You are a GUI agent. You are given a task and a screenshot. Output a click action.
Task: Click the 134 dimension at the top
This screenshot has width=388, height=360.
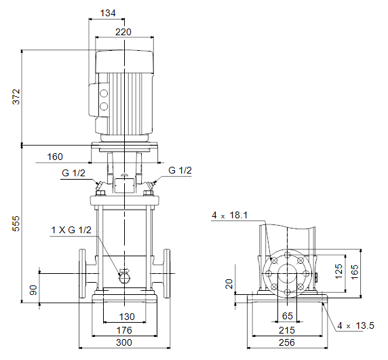coord(108,13)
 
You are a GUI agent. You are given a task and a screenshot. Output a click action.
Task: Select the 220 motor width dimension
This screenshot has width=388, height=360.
coord(123,32)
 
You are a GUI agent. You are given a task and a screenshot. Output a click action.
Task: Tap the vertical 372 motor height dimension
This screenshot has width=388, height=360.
coord(16,97)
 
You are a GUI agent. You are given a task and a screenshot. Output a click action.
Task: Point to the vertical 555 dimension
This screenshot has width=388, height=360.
coord(16,224)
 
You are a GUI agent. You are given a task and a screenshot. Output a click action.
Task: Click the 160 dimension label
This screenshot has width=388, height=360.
coord(55,157)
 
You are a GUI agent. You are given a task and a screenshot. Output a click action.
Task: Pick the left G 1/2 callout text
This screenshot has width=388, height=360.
coord(73,173)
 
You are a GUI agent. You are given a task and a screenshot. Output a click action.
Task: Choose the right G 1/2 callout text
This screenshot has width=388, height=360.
coord(180,170)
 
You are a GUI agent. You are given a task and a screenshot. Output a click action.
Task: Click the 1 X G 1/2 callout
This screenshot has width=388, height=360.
coord(71,230)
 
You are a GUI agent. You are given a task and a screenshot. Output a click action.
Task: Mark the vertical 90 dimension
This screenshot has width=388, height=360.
coord(33,290)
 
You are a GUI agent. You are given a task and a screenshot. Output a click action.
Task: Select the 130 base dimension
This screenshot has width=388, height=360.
coord(127,317)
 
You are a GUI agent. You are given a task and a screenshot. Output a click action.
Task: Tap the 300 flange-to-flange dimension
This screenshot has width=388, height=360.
coord(124,342)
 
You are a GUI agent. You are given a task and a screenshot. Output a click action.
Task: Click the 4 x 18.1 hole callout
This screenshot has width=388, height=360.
coord(230,215)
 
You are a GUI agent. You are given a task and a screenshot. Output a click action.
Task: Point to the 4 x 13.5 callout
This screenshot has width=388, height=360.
coord(356,325)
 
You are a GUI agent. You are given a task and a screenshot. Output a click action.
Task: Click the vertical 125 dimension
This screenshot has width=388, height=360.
coord(338,271)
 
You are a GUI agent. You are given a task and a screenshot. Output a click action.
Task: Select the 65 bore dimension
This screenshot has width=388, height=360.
coord(288,316)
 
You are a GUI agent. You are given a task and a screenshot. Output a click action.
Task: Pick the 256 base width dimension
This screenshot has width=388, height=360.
coord(287,342)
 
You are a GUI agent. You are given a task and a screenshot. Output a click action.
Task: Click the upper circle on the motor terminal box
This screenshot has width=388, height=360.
coord(104,94)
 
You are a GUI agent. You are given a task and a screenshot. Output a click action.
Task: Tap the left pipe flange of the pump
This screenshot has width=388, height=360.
coord(82,273)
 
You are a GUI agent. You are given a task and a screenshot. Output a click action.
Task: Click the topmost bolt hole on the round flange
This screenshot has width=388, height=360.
coord(288,255)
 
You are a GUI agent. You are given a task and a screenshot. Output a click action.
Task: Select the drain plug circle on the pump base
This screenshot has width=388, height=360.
coord(124,279)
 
